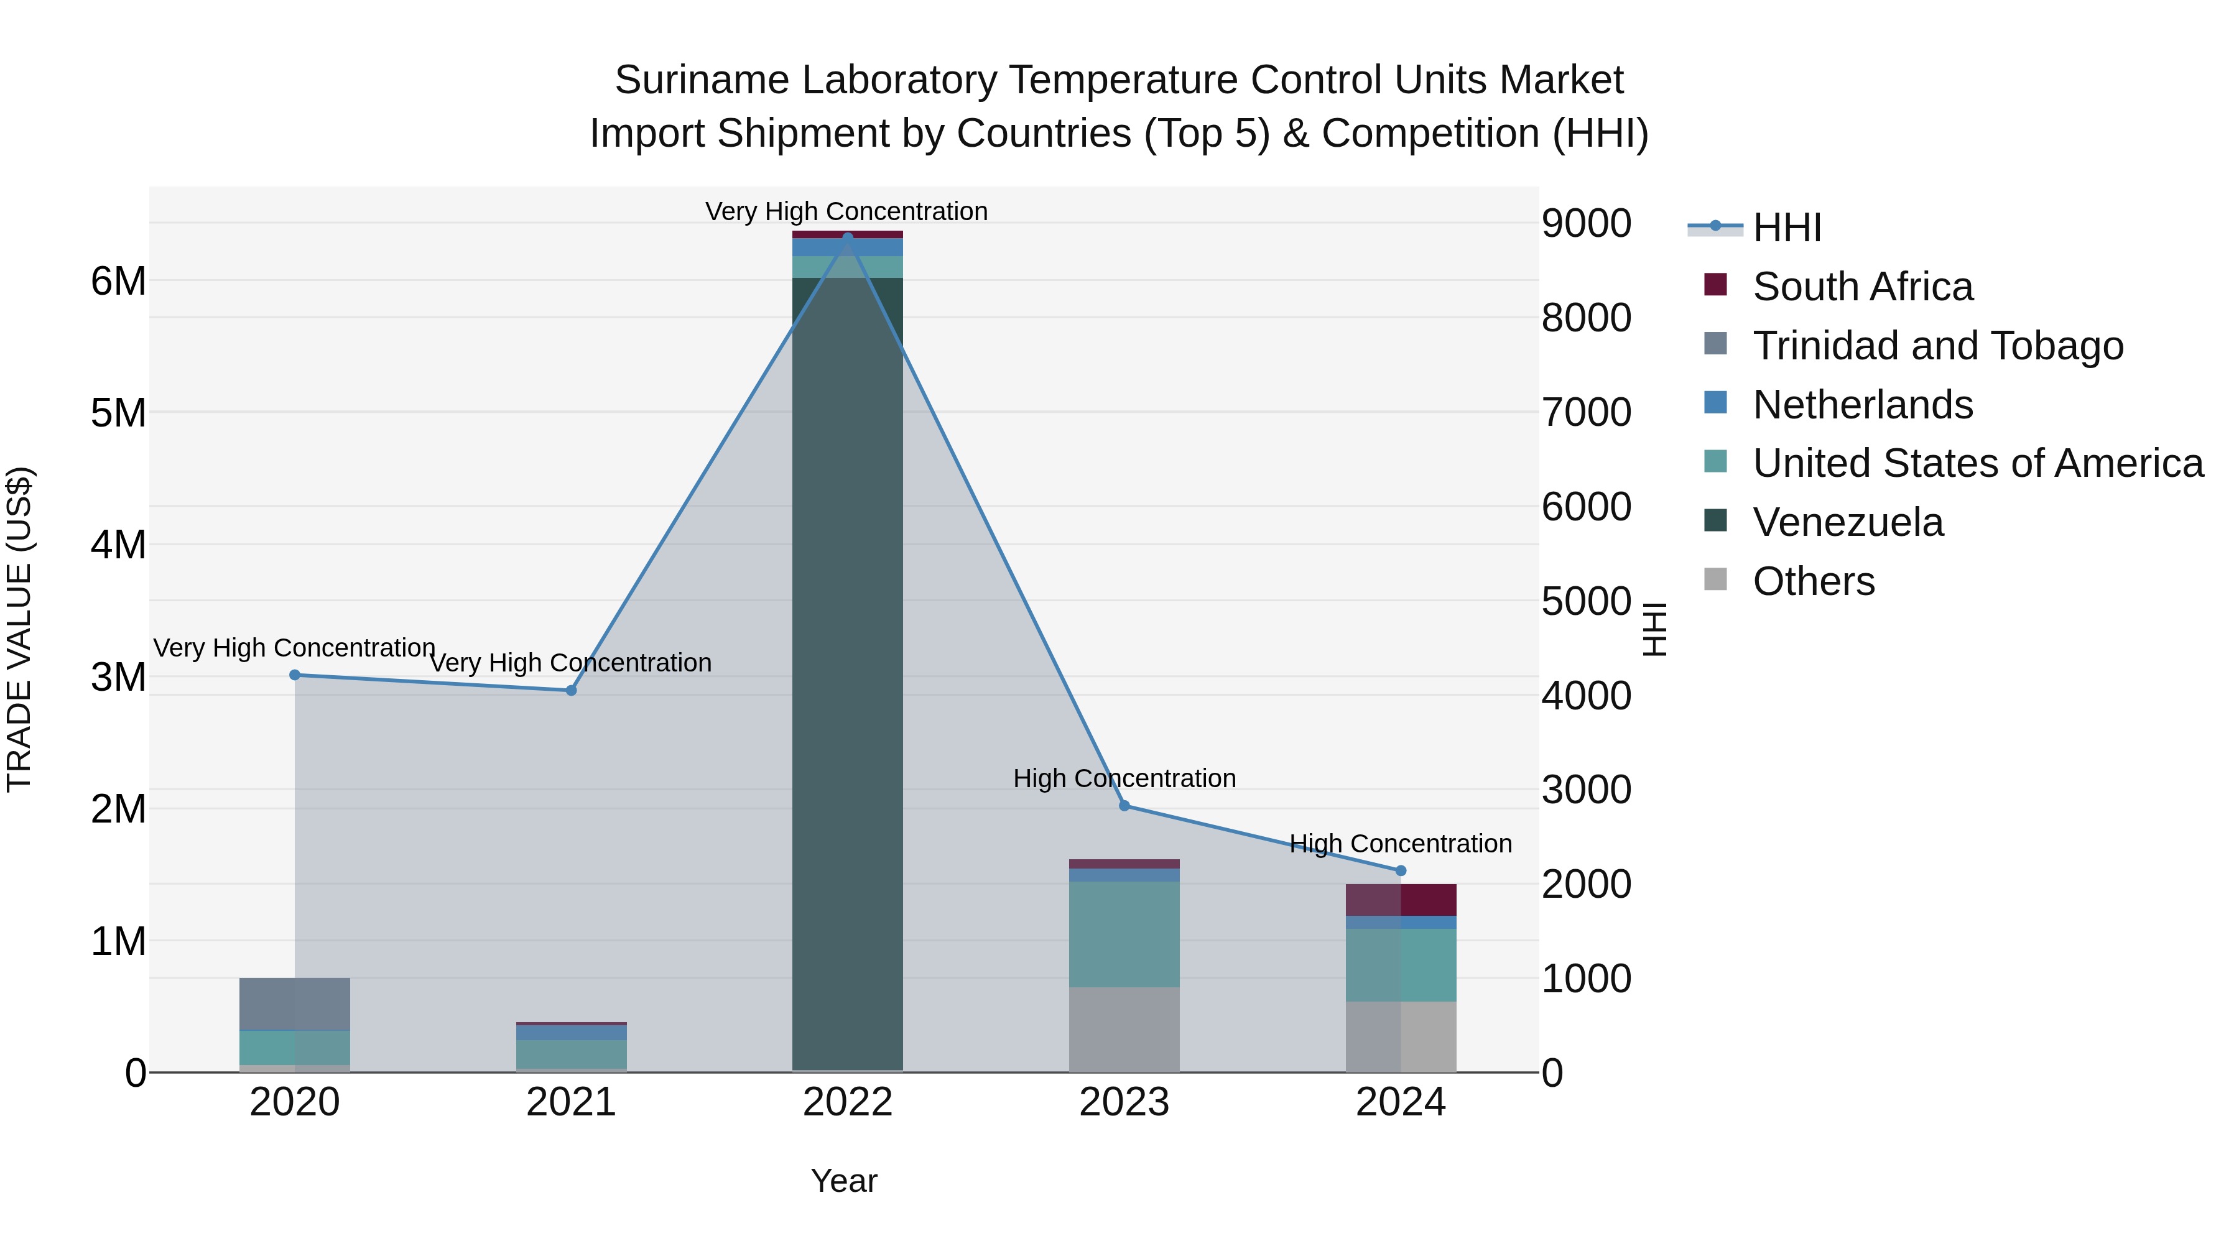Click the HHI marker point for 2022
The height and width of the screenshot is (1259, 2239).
(848, 238)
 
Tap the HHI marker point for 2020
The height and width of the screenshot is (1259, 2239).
(295, 675)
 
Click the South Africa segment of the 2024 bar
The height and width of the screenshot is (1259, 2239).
(1400, 900)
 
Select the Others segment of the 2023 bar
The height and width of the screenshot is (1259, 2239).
(1124, 1030)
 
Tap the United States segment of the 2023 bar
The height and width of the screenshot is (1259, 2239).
(1124, 934)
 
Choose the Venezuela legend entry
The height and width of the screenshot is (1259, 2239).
(1847, 523)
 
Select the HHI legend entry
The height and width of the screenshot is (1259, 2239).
(1786, 228)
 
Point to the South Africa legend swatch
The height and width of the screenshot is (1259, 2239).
(1715, 285)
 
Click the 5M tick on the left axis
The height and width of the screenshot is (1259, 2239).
(119, 413)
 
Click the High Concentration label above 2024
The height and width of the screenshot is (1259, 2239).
(1400, 844)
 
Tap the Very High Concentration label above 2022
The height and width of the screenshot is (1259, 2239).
(846, 212)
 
